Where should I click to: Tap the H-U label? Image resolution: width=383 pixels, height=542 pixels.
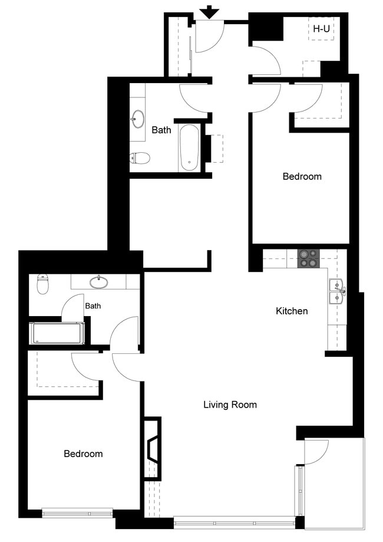point(321,28)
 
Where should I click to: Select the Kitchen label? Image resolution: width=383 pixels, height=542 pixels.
point(292,311)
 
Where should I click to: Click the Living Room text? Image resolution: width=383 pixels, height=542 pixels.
point(230,405)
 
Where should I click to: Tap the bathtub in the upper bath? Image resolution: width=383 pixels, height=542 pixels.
point(189,147)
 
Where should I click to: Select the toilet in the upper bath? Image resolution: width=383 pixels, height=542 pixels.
point(139,157)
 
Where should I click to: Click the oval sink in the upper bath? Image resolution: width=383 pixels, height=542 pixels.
point(138,119)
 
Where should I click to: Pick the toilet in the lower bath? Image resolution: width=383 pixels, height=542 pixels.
point(42,284)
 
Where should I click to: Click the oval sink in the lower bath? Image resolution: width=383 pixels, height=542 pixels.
point(99,282)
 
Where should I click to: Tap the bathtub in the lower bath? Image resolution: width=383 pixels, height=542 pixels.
point(58,333)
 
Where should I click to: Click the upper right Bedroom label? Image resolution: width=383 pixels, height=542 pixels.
point(302,176)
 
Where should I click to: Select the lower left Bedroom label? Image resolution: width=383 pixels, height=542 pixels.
point(83,454)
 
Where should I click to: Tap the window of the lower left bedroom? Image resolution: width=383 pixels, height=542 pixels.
point(78,513)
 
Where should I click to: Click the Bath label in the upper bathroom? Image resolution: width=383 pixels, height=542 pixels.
point(161,130)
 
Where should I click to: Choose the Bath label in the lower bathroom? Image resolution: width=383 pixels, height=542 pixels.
point(93,306)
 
